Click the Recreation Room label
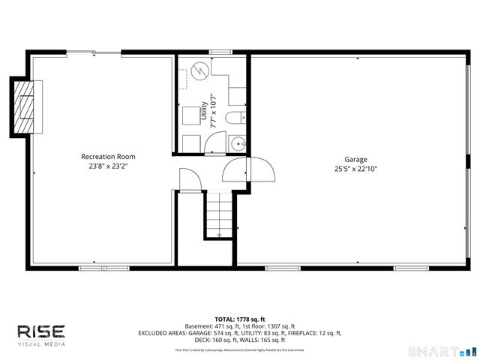(108, 157)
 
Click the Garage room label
(355, 160)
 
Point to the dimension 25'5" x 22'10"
(355, 169)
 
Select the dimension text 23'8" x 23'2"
(108, 166)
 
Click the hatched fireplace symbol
(27, 106)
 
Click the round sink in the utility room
(238, 142)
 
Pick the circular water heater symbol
(199, 70)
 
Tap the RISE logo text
(41, 331)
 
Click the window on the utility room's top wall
(220, 52)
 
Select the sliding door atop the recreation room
(93, 52)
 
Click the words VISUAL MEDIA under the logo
(41, 344)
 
